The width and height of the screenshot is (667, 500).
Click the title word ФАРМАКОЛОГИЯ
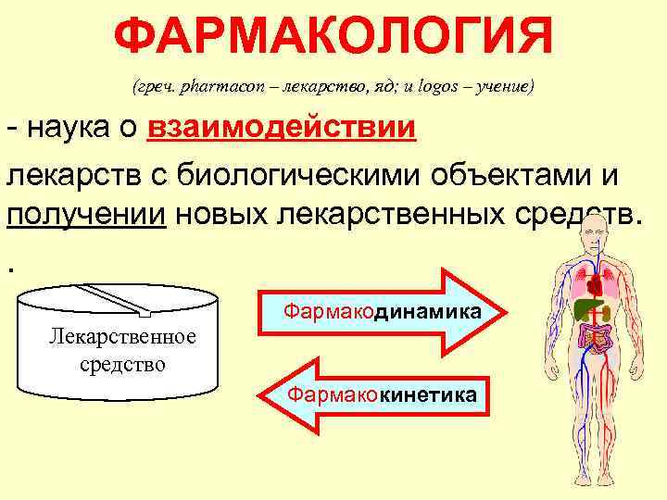(x=333, y=38)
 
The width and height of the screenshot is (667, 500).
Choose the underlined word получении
(x=88, y=216)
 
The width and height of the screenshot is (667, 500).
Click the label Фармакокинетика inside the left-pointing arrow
(x=383, y=396)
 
